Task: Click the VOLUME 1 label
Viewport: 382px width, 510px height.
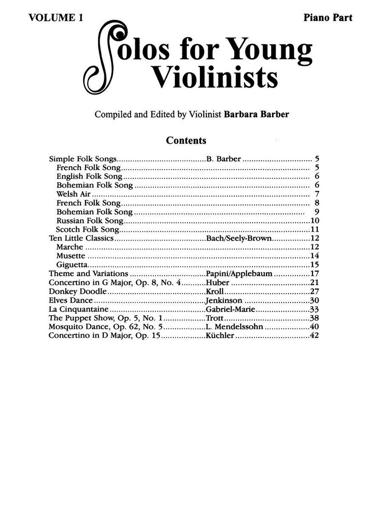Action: click(x=54, y=17)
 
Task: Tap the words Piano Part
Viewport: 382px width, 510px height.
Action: click(x=328, y=17)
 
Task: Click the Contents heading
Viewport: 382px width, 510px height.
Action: click(x=186, y=140)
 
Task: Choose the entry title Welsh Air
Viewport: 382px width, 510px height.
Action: click(x=73, y=194)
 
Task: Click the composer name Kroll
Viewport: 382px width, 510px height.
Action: click(x=215, y=292)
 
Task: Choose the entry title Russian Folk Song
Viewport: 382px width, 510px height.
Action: click(x=90, y=221)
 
